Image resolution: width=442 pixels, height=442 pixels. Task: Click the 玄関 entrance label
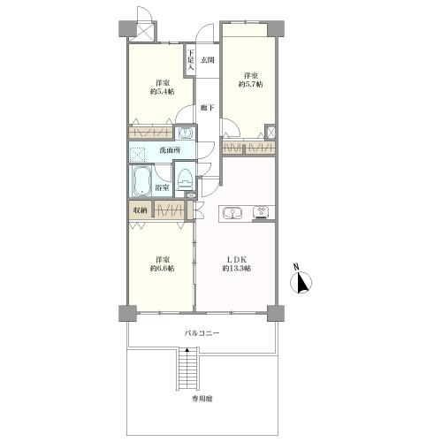208,60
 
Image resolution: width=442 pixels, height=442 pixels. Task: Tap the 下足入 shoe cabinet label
191,60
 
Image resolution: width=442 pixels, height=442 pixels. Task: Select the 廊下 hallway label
208,108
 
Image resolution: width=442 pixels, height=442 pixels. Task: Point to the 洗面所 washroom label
170,150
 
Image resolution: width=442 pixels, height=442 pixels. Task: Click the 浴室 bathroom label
162,187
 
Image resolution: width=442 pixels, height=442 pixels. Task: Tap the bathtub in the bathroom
141,181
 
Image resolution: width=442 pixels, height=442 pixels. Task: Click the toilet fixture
186,179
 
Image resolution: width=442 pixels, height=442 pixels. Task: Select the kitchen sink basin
232,213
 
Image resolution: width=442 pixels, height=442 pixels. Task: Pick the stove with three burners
261,212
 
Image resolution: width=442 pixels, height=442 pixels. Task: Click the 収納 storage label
140,210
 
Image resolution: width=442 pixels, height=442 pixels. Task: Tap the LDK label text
236,260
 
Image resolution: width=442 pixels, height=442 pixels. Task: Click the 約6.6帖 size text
162,269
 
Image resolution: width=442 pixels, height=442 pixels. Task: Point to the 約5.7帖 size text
250,84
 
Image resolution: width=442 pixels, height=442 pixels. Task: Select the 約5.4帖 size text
162,92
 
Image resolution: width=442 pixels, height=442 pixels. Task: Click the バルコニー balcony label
202,333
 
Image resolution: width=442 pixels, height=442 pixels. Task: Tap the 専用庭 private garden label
202,399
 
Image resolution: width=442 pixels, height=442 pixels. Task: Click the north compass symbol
301,280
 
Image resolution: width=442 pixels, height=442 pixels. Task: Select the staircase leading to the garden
188,369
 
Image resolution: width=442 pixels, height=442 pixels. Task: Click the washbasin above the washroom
185,133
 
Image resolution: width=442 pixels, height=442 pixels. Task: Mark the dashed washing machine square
137,155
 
